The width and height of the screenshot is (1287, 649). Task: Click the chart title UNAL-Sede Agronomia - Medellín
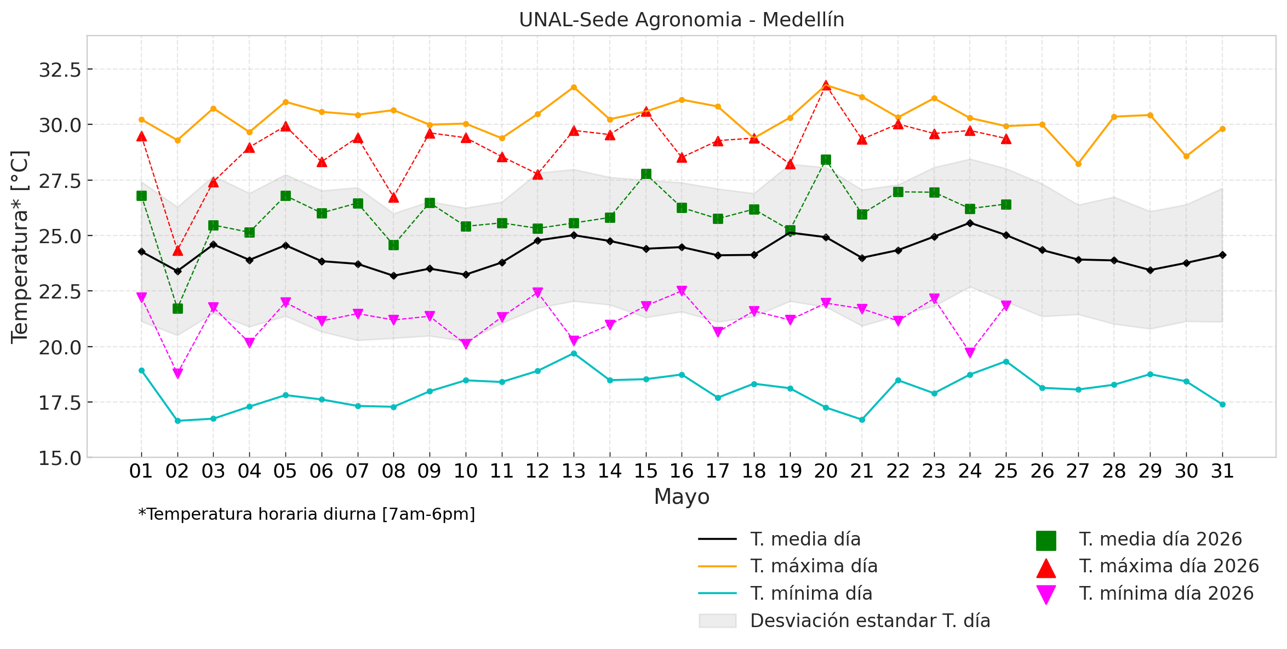coord(682,20)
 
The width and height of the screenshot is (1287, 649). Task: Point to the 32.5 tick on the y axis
coord(60,70)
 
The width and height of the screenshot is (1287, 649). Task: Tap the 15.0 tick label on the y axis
coord(60,457)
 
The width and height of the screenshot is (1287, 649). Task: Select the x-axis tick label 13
coord(574,471)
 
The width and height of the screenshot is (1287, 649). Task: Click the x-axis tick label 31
coord(1222,471)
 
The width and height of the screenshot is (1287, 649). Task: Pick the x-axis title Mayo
coord(682,497)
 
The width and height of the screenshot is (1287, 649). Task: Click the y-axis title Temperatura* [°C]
coord(20,246)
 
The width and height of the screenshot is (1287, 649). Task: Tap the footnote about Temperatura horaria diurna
coord(307,514)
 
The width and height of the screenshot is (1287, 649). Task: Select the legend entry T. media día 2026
coord(1139,539)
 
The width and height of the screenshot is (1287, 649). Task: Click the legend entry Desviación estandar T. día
coord(845,621)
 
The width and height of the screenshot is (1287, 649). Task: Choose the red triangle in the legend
coord(1046,567)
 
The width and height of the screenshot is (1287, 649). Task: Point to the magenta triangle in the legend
coord(1046,595)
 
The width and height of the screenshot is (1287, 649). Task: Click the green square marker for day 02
coord(178,309)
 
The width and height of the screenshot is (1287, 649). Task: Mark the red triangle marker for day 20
coord(826,86)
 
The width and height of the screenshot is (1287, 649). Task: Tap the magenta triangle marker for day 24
coord(970,353)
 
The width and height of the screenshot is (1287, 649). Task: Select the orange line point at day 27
coord(1078,164)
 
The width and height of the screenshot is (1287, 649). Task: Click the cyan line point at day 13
coord(574,354)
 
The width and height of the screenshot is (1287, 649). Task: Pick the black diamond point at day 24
coord(970,223)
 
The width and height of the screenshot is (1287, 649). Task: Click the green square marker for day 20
coord(826,160)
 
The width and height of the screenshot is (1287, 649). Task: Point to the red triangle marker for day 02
coord(178,250)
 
